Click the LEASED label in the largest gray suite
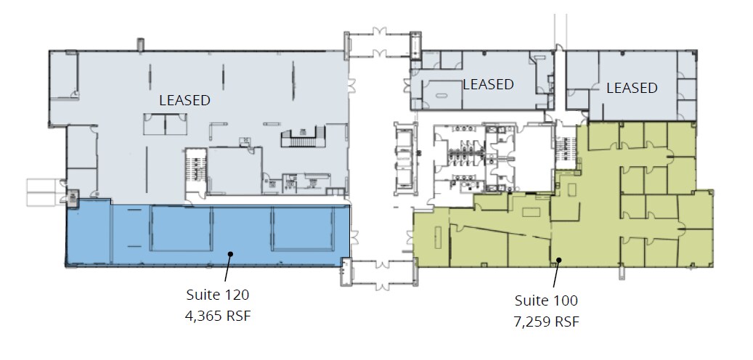[x=185, y=100]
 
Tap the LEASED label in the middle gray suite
[x=489, y=84]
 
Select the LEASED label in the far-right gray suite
[x=632, y=88]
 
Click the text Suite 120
[x=218, y=294]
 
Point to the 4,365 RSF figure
[x=218, y=316]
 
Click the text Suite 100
[x=546, y=300]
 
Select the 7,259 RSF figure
[x=546, y=321]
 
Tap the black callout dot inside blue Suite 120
[x=230, y=253]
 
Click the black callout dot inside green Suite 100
[x=558, y=260]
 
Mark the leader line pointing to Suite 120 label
[x=227, y=267]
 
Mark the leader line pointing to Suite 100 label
[x=556, y=274]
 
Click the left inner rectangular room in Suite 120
[x=181, y=229]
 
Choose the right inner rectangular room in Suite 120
[x=303, y=229]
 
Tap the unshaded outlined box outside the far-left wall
[x=45, y=192]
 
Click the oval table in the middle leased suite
[x=441, y=96]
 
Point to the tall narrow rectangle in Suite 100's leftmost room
[x=438, y=237]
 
